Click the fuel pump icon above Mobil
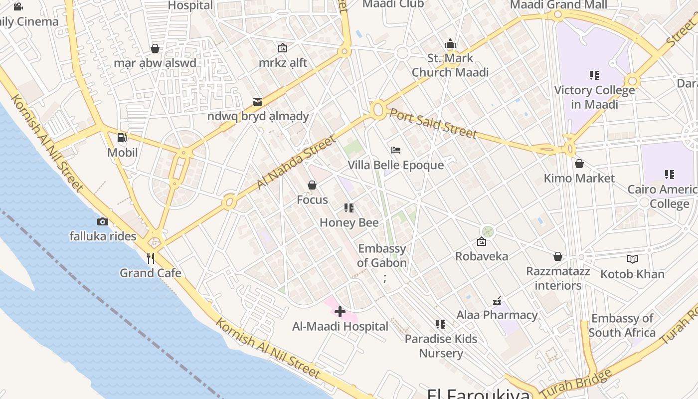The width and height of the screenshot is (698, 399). point(122,138)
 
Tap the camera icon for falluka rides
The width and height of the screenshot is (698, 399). point(103,221)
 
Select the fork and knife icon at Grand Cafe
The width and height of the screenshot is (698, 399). point(151,258)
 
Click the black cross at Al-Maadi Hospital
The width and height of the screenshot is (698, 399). point(340,312)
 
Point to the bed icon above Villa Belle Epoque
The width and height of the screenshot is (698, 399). point(396,150)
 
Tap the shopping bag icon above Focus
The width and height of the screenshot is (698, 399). point(312,186)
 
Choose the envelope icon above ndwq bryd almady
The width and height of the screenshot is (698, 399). point(258,102)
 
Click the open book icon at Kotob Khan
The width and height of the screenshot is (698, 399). point(632,259)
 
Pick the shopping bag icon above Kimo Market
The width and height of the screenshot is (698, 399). point(579,164)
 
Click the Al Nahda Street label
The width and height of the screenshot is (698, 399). point(296,163)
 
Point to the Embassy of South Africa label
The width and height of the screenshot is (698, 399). point(622,325)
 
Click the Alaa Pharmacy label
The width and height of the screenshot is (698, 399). point(497,315)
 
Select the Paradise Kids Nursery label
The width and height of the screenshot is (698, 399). point(441,346)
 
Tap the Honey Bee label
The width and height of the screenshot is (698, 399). point(349,222)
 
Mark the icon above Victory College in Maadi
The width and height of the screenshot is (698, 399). point(594,75)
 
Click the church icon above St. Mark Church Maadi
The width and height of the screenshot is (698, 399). point(450,44)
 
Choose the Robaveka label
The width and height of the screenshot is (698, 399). point(482,256)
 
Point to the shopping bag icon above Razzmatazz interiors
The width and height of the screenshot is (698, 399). point(558,256)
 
